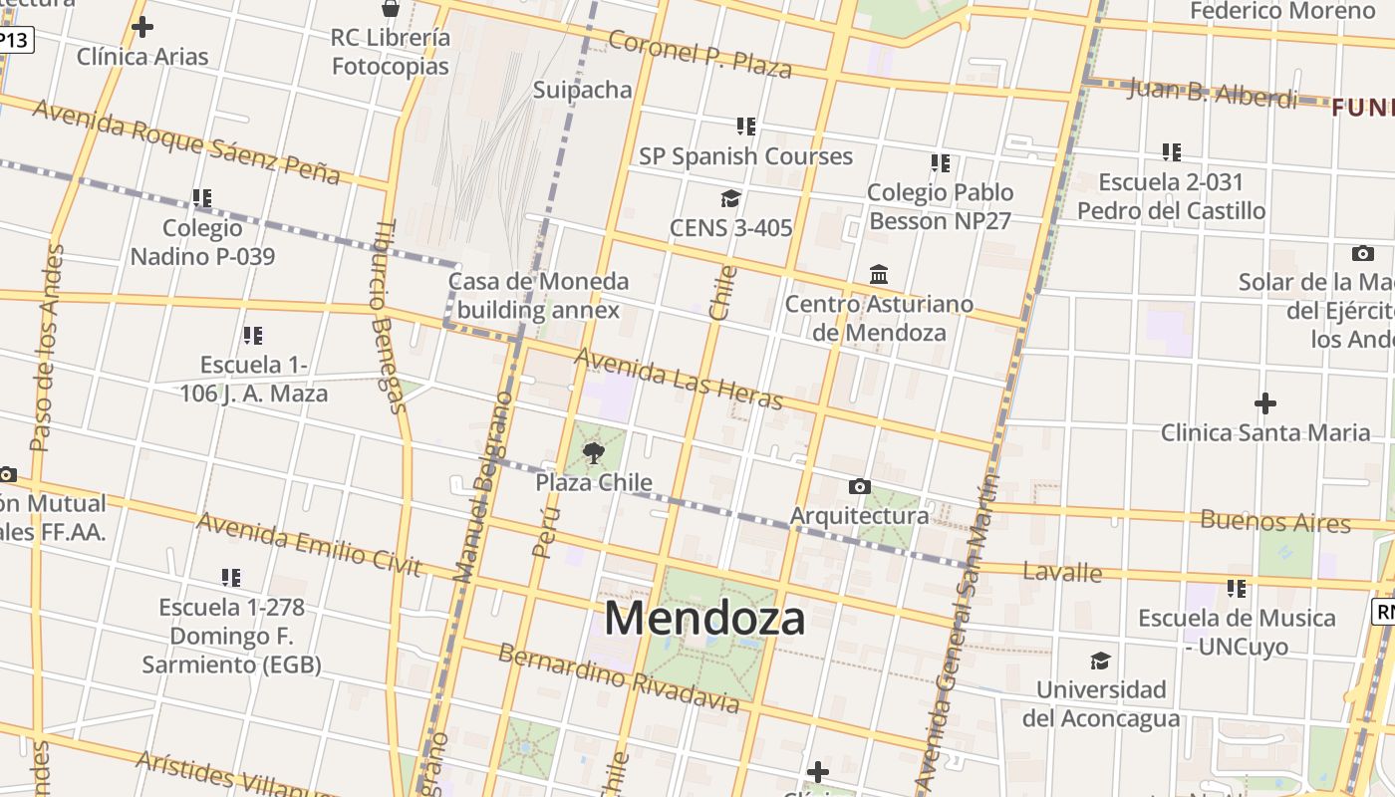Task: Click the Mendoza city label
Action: [704, 618]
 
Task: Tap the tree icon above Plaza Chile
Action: [594, 454]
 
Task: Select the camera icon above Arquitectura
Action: [859, 486]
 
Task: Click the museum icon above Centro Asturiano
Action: [879, 274]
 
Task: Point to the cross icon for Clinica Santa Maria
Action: [1264, 403]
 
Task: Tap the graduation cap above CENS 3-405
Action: [730, 198]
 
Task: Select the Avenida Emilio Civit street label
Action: [309, 543]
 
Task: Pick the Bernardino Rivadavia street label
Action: [618, 678]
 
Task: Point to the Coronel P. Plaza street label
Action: [699, 54]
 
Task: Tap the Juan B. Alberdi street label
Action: [1213, 93]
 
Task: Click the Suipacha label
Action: [583, 90]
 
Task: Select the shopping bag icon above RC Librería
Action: [391, 9]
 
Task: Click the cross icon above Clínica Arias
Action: [142, 27]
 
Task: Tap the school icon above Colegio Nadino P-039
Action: [202, 198]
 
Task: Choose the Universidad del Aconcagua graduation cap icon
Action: [1100, 661]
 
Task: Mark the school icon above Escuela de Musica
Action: [1237, 588]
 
